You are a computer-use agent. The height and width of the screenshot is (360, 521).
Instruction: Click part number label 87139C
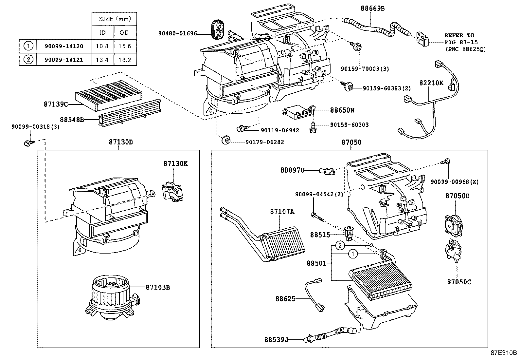tap(56, 104)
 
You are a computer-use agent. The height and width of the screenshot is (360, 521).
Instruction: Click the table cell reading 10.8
tap(102, 46)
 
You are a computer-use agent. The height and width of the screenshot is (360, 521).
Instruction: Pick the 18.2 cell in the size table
tap(125, 60)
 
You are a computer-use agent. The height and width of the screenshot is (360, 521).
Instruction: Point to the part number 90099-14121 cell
tap(64, 60)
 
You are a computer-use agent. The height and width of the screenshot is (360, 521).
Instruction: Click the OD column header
tap(125, 32)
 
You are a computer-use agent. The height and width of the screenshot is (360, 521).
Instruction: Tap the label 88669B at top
tap(372, 9)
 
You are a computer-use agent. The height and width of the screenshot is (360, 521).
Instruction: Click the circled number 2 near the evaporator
tap(340, 245)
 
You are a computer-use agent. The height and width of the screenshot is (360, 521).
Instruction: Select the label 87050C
tap(459, 282)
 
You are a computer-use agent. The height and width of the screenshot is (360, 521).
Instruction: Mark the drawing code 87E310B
tap(503, 353)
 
